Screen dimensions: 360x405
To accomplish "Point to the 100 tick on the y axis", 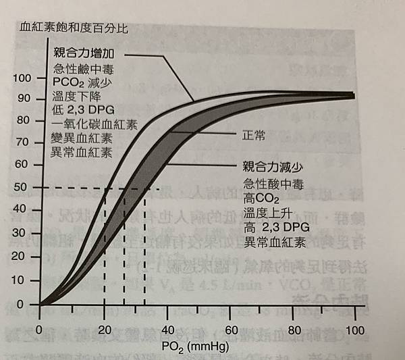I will pyautogui.click(x=22, y=78).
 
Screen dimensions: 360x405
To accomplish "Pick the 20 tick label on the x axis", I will pyautogui.click(x=103, y=329).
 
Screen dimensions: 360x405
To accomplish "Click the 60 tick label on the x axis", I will pyautogui.click(x=230, y=330).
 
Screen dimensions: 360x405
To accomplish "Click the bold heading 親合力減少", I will pyautogui.click(x=269, y=166).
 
